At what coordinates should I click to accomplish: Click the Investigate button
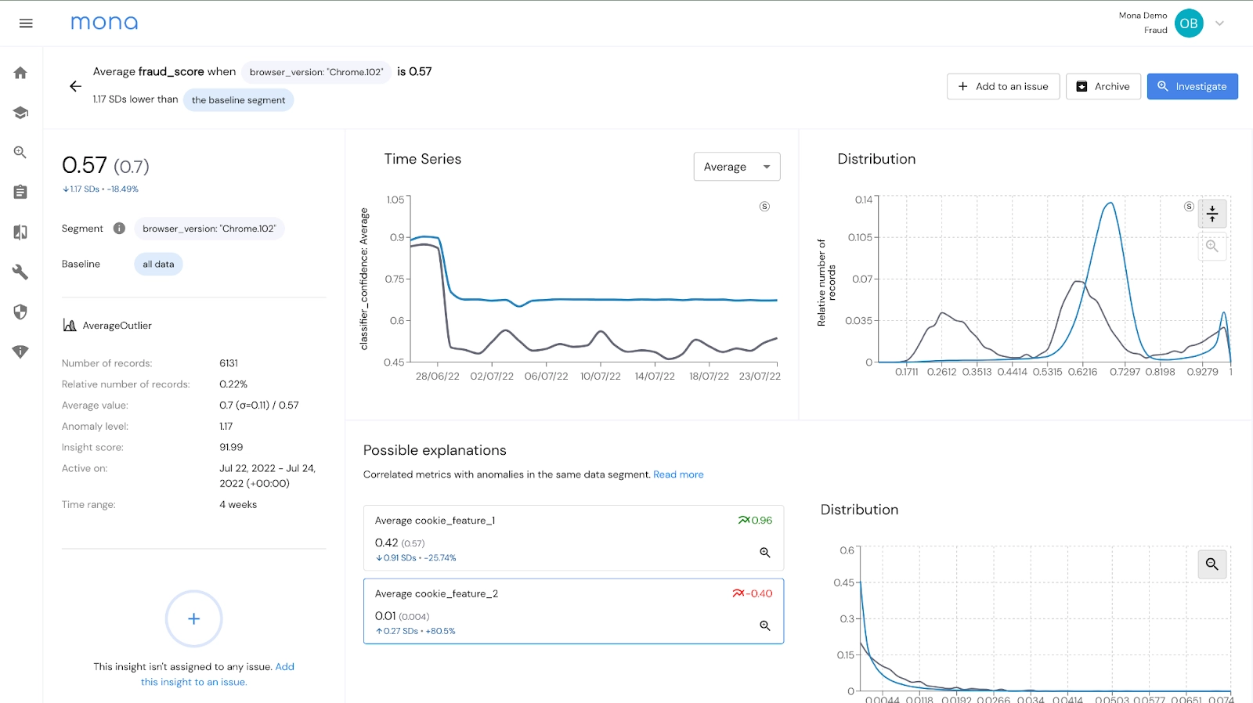click(1192, 86)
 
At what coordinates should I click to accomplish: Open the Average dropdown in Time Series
click(736, 167)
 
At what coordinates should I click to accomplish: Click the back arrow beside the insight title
click(75, 86)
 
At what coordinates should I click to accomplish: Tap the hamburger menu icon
click(26, 23)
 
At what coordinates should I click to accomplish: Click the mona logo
click(104, 23)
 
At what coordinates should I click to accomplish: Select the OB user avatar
click(1188, 23)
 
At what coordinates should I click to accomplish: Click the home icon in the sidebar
click(20, 73)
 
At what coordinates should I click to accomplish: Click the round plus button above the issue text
click(193, 618)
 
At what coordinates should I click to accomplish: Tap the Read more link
click(678, 474)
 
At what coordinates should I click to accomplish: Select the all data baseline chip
click(158, 265)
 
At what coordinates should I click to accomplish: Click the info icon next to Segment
click(119, 229)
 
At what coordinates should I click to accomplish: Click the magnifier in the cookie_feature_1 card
click(765, 553)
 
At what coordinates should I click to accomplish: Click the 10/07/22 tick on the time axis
click(600, 376)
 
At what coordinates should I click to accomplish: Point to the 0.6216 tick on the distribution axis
click(1082, 372)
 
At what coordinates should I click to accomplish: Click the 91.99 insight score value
click(231, 447)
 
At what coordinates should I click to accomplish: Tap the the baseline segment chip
click(238, 100)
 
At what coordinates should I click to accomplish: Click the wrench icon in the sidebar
click(20, 272)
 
